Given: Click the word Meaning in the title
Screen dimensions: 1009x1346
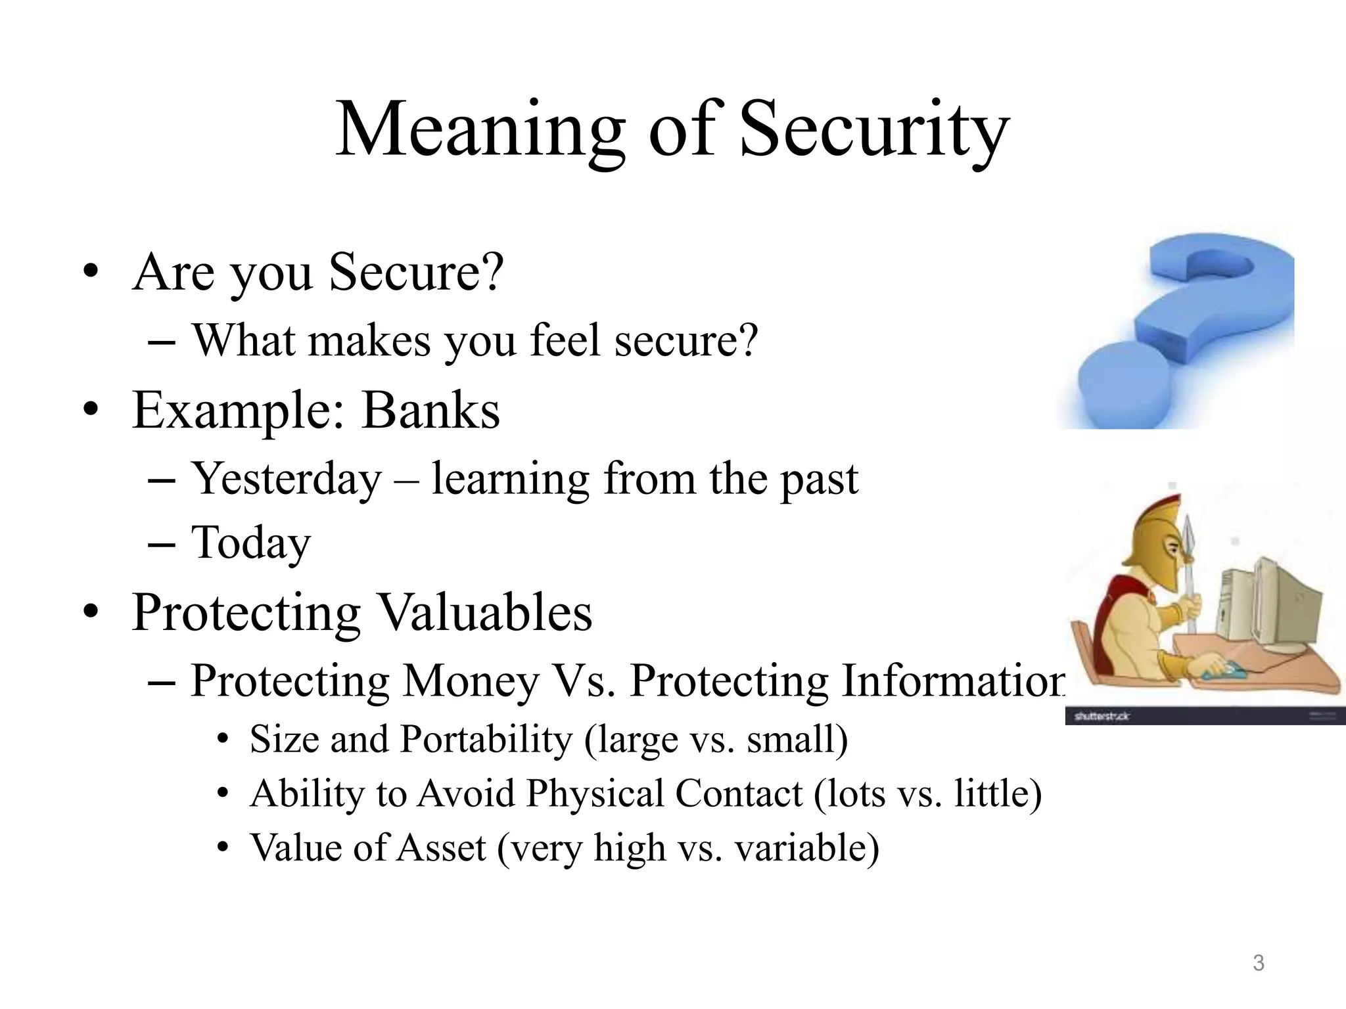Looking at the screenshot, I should tap(480, 129).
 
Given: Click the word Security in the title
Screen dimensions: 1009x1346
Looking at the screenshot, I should tap(874, 129).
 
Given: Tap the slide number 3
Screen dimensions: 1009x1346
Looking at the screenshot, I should tap(1258, 963).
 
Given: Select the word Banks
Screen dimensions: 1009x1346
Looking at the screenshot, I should tap(431, 411).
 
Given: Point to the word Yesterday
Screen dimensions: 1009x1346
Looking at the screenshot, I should tap(287, 480).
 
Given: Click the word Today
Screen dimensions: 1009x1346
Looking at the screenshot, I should tap(250, 543).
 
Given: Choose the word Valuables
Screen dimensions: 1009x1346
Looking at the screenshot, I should tap(486, 612).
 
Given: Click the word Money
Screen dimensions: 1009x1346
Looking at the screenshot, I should tap(471, 681).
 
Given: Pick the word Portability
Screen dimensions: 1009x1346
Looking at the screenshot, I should tap(486, 740).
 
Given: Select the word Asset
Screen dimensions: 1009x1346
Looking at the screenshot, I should tap(442, 848).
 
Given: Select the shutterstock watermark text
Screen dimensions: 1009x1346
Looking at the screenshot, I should tap(1102, 716).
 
